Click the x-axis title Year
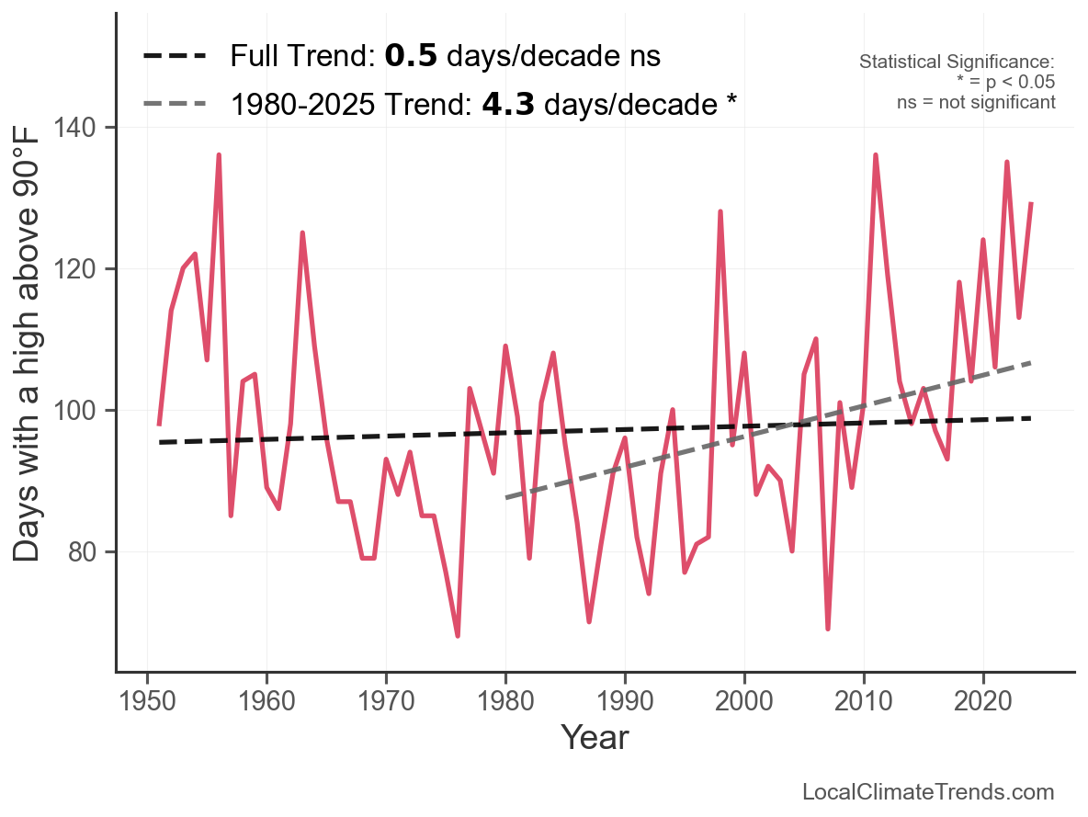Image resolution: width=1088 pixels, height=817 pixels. pos(595,737)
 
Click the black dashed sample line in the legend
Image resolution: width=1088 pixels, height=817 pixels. pos(176,56)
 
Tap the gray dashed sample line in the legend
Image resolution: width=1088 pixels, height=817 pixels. pos(176,104)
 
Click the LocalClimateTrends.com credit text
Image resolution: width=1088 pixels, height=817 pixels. pos(928,792)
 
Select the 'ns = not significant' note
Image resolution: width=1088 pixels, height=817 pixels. pos(976,102)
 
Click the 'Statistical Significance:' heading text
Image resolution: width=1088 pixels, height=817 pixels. pos(957,62)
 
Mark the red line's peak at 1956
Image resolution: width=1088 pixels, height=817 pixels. pos(219,155)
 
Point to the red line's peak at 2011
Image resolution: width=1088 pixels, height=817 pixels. pos(875,155)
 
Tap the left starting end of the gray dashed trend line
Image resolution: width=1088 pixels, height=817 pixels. pos(506,498)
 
